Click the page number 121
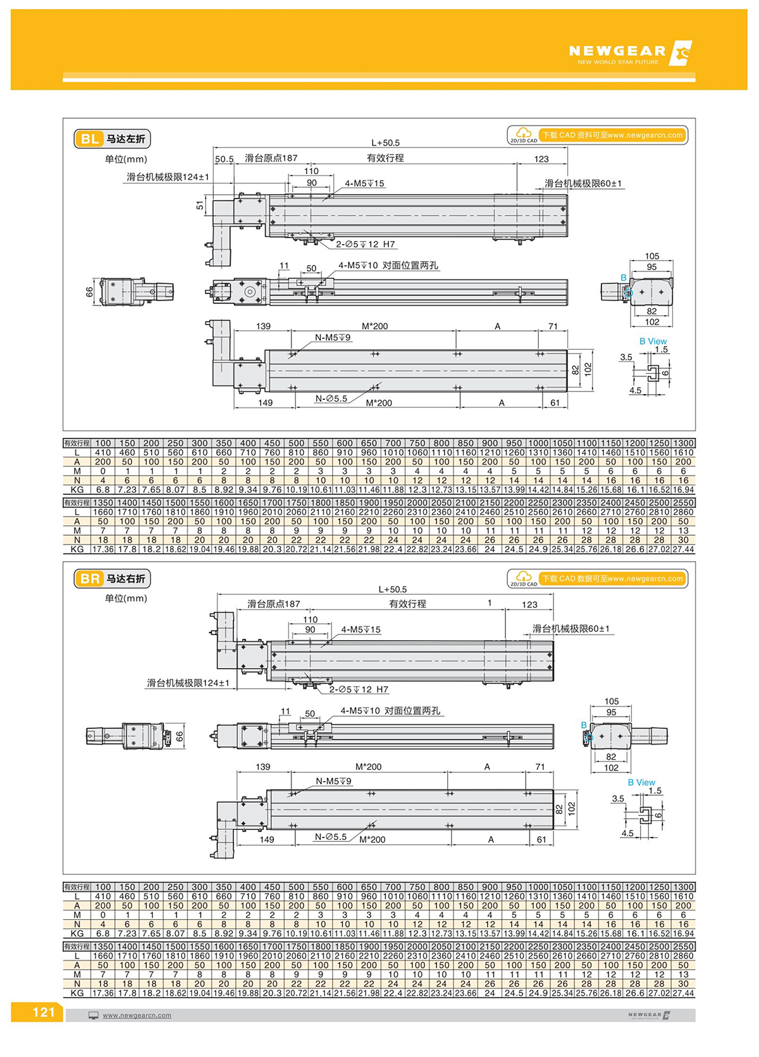(43, 1012)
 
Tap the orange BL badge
(89, 139)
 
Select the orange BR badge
(89, 579)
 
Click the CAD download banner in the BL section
(597, 135)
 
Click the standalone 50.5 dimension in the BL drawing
(224, 159)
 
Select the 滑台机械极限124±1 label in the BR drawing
(188, 683)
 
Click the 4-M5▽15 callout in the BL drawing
(364, 183)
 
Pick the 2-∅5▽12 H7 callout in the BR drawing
(359, 689)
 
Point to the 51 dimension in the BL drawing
(201, 206)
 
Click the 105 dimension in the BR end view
(612, 702)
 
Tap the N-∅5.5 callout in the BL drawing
(331, 399)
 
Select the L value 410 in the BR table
(102, 896)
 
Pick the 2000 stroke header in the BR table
(417, 947)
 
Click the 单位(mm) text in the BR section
(126, 598)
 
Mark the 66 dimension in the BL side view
(90, 292)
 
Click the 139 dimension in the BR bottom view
(263, 767)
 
